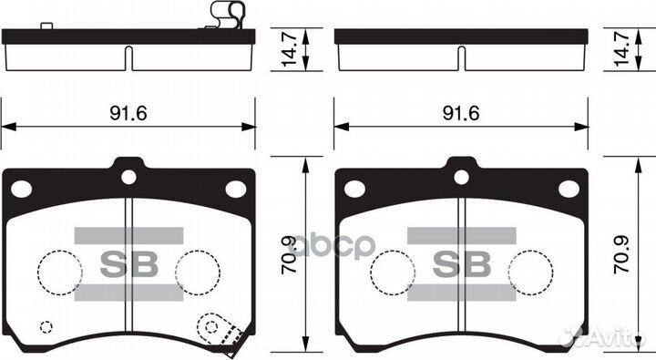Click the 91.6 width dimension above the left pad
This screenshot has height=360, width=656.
pyautogui.click(x=128, y=113)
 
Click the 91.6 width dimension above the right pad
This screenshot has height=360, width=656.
pyautogui.click(x=461, y=113)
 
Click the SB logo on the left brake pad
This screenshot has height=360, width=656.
pyautogui.click(x=128, y=263)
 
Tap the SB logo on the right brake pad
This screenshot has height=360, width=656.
pyautogui.click(x=461, y=263)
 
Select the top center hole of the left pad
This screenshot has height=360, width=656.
pyautogui.click(x=128, y=177)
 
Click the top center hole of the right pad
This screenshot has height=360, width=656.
pyautogui.click(x=461, y=177)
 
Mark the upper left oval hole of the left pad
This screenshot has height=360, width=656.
pyautogui.click(x=20, y=189)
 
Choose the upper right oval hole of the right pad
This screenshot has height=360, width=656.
pyautogui.click(x=569, y=189)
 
